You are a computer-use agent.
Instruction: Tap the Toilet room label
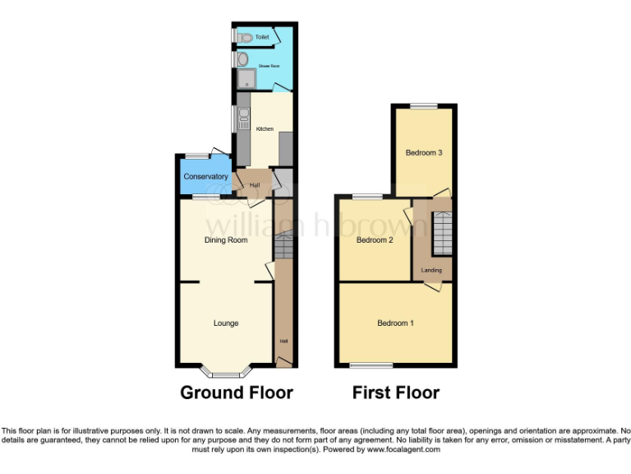point(262,37)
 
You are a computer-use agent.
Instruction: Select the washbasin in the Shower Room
point(243,59)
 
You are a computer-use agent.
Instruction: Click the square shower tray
point(246,80)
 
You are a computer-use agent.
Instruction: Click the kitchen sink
point(243,120)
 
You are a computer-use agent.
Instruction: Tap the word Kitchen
point(265,129)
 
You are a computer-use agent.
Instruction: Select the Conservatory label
point(205,177)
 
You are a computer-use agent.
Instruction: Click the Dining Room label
point(226,240)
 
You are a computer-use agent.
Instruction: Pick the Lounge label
point(226,323)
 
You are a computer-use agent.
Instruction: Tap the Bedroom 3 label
point(424,153)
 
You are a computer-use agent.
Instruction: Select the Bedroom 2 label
point(375,240)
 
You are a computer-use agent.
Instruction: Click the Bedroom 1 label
point(395,323)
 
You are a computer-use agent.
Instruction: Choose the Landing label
point(431,271)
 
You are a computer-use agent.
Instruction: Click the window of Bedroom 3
point(424,105)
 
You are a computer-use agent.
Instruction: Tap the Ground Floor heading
point(237,393)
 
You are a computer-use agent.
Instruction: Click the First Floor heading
point(396,393)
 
